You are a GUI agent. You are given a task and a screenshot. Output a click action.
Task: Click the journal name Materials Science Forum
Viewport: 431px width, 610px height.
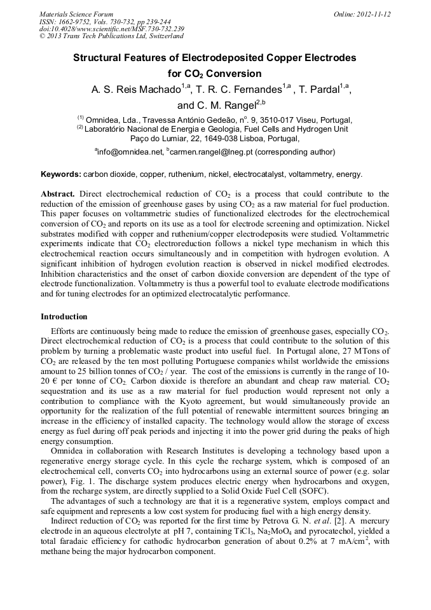(x=76, y=13)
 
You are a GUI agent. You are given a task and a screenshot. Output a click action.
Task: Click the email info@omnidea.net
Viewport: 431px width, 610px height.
(x=129, y=153)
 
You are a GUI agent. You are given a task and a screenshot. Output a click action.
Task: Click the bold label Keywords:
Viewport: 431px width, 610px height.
(x=61, y=174)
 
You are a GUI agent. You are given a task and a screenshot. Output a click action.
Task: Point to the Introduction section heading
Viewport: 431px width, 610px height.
(x=64, y=316)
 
